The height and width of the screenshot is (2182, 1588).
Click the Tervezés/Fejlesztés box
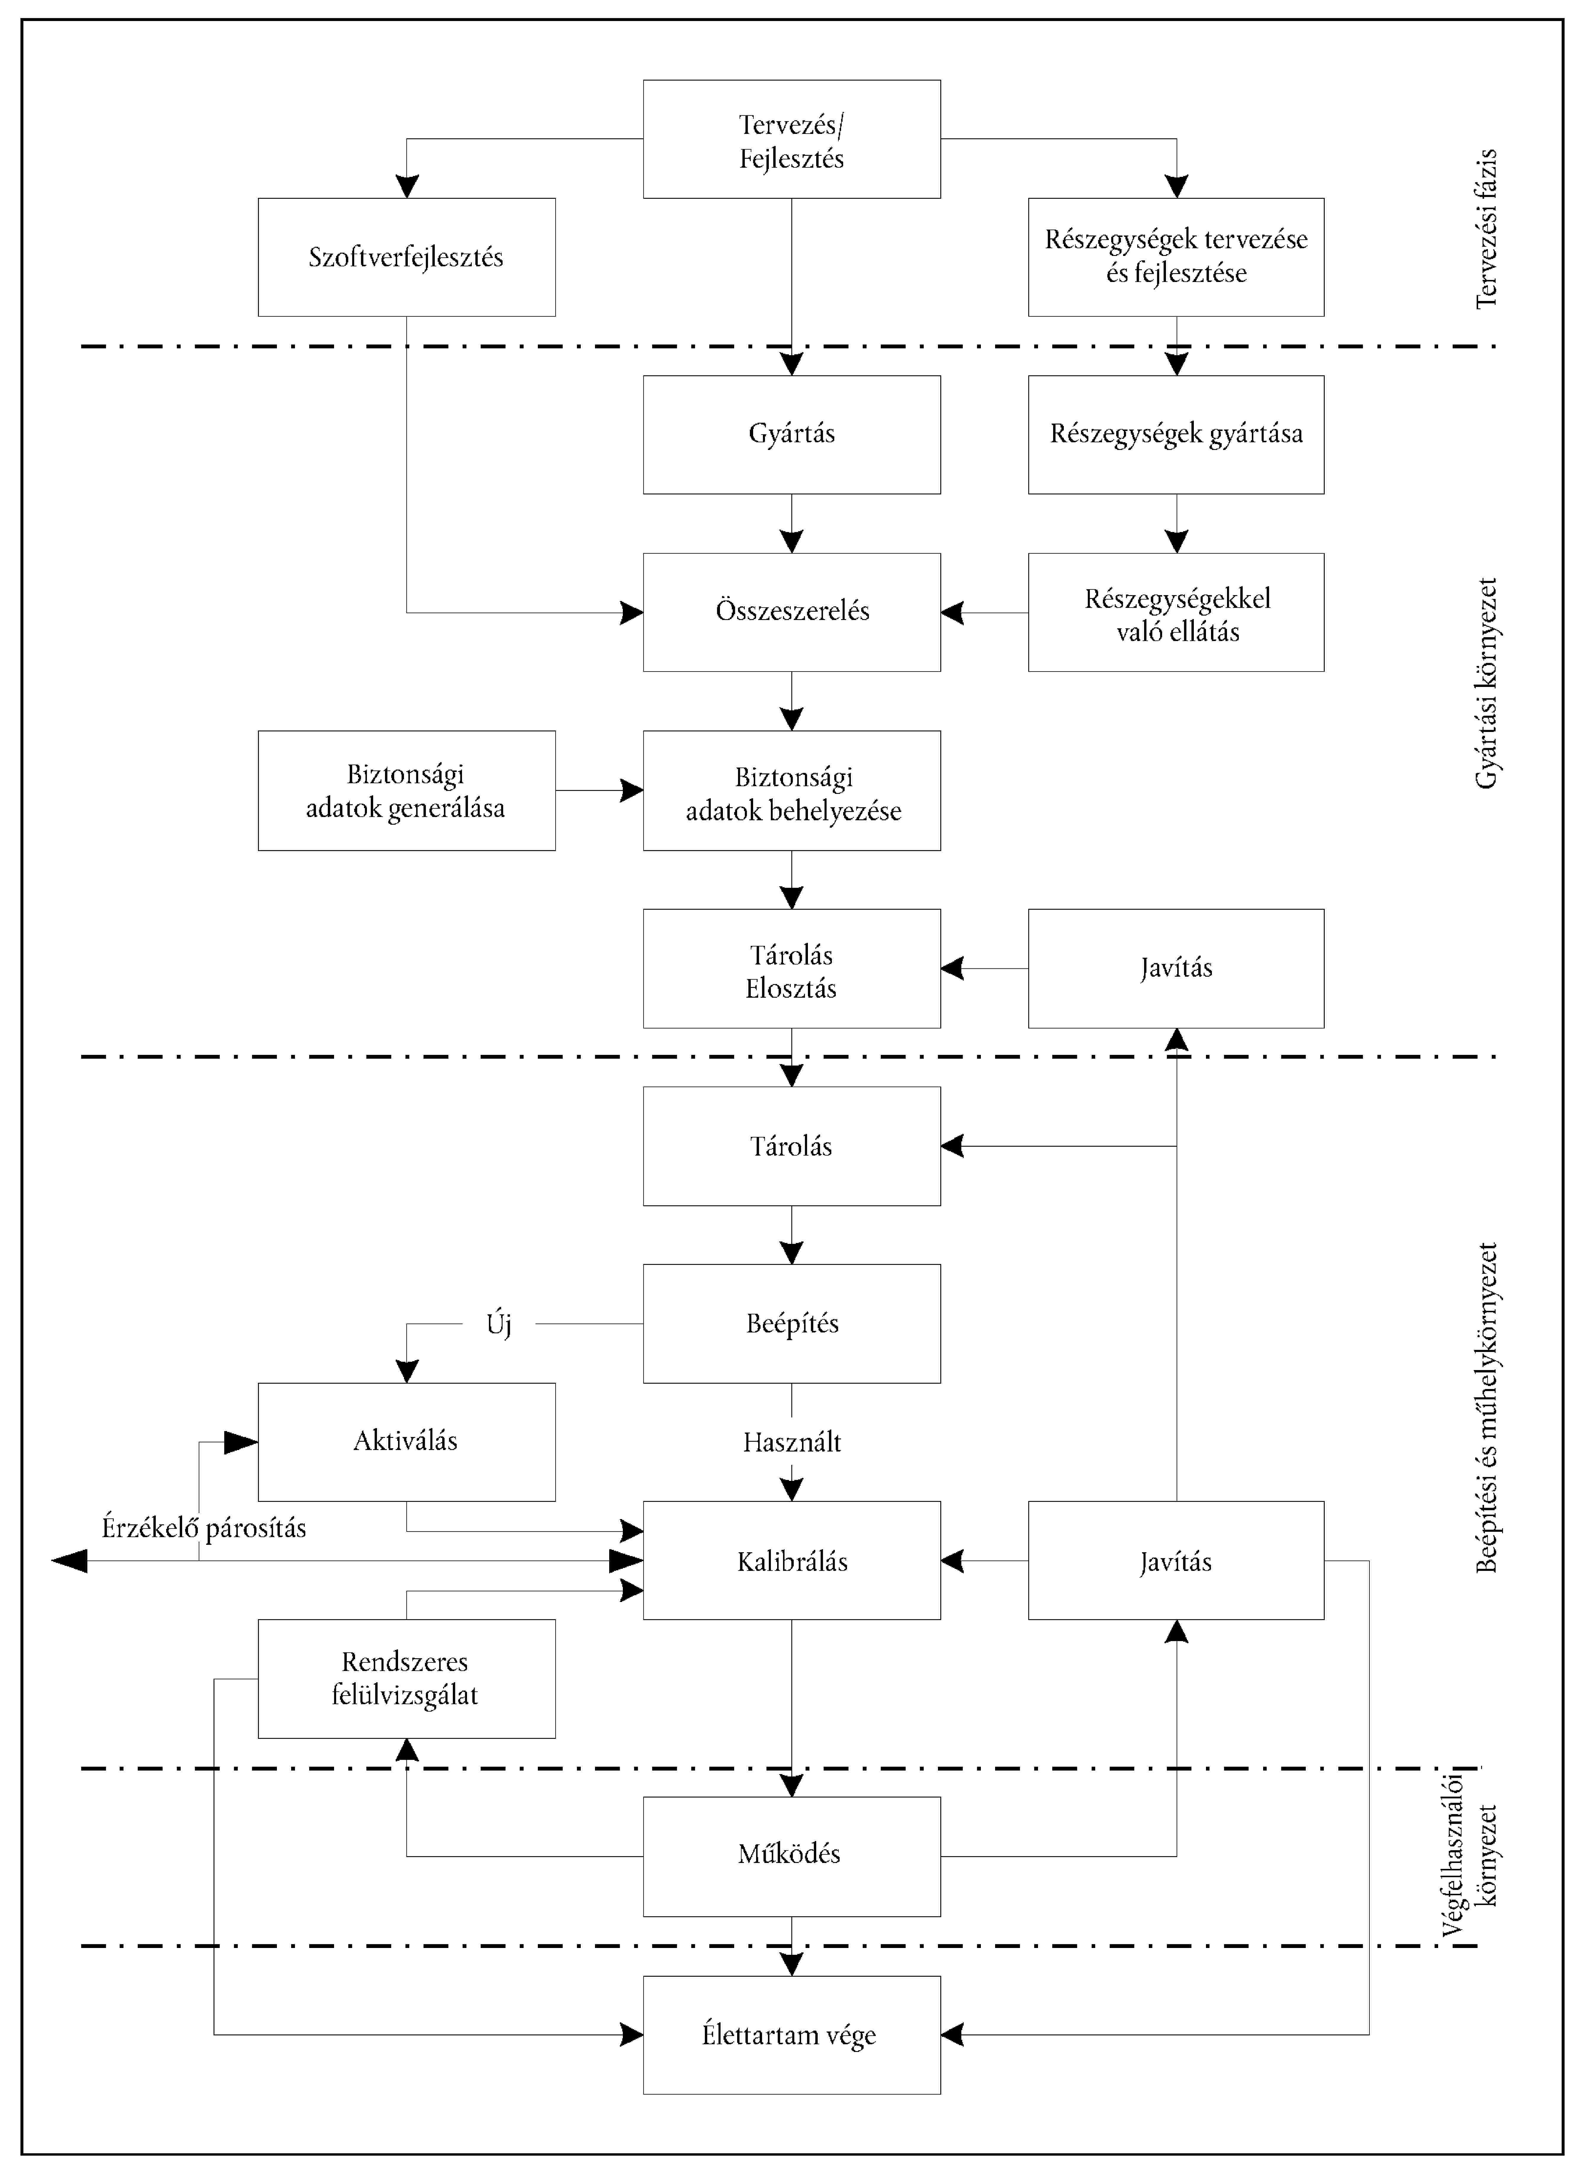[792, 140]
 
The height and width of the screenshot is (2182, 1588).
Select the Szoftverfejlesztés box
[407, 257]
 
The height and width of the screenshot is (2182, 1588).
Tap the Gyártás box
[792, 435]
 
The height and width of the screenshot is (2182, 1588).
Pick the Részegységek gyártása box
[1176, 435]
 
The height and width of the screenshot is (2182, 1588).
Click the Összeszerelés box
[792, 612]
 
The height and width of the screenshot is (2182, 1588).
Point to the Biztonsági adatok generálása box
[407, 791]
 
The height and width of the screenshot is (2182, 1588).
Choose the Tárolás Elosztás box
[792, 969]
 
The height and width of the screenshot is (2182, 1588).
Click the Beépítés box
[792, 1324]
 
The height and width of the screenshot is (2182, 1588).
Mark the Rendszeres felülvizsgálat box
[407, 1679]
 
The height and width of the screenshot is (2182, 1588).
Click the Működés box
[792, 1857]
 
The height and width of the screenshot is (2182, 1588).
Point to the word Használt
[792, 1442]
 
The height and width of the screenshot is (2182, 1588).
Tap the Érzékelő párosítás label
[204, 1528]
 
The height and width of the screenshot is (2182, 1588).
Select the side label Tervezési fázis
[1487, 228]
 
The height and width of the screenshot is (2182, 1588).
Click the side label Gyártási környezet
[1487, 683]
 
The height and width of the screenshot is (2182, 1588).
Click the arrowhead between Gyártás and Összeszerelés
[792, 541]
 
